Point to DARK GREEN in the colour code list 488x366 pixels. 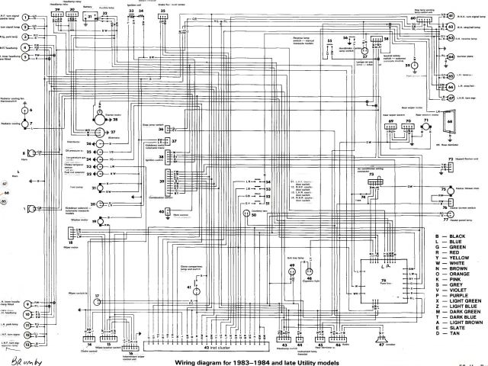click(x=462, y=311)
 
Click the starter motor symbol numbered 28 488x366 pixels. click(x=97, y=114)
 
